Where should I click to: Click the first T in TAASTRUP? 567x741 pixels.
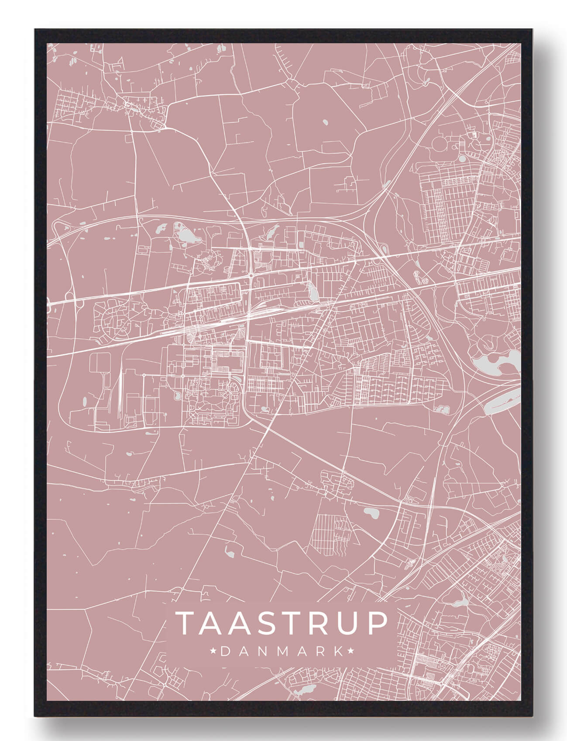coord(185,623)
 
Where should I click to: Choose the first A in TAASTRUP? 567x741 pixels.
coord(211,623)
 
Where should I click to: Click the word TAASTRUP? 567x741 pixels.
coord(281,623)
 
